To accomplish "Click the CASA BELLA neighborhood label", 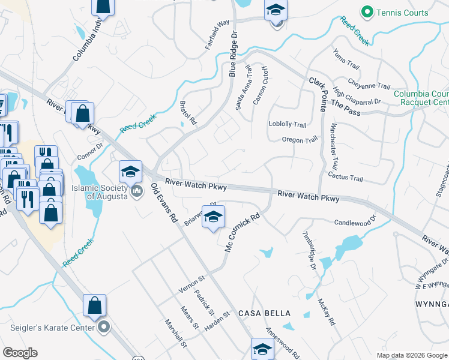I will pos(265,313).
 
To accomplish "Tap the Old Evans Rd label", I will pos(164,203).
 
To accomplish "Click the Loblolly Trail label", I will pos(288,124).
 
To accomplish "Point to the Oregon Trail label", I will pos(299,140).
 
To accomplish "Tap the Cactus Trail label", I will pos(346,178).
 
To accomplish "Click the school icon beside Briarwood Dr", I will pos(213,217).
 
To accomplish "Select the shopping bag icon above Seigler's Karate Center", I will pos(95,305).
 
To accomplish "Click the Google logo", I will pos(19,353).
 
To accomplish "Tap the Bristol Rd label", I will pos(188,112).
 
